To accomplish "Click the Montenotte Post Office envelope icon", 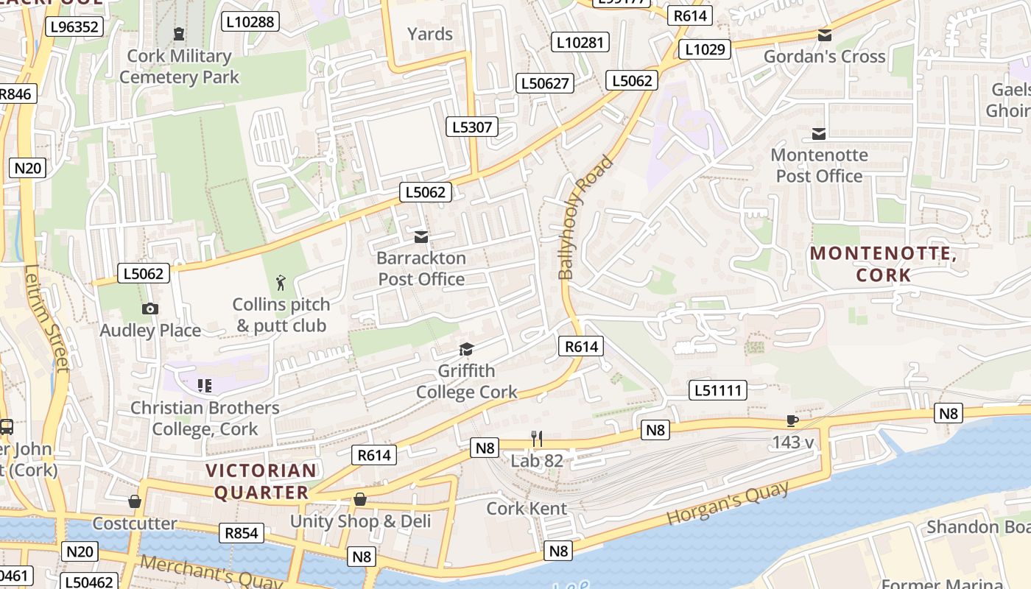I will (818, 133).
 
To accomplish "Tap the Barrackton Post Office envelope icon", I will (421, 237).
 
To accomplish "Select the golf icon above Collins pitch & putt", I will (280, 283).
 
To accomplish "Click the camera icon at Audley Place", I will (150, 308).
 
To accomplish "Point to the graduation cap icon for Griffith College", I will (466, 349).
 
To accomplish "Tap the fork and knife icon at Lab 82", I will (537, 439).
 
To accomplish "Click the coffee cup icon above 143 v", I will (792, 421).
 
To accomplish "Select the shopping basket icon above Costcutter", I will (135, 501).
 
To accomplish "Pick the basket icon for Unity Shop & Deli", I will (359, 499).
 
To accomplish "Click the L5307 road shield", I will (472, 127).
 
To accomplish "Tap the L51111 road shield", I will (718, 390).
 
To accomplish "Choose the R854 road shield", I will (241, 533).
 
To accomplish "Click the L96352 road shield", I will (74, 27).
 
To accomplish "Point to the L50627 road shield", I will (545, 83).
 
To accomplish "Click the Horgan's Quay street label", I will (727, 503).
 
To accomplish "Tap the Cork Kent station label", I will (527, 508).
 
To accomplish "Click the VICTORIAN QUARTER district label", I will (261, 482).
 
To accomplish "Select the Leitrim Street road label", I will (46, 318).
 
